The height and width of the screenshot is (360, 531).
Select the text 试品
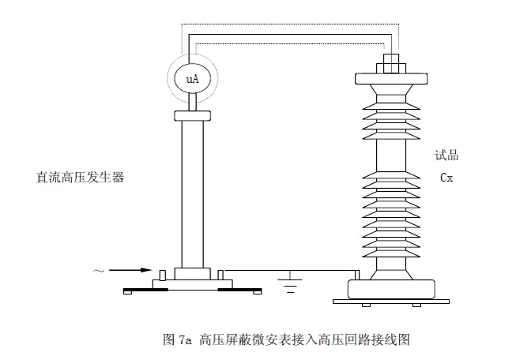[446, 156]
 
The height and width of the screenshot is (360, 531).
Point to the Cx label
[446, 178]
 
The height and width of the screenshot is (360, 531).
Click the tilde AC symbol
[99, 272]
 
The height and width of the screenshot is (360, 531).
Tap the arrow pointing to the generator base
[130, 271]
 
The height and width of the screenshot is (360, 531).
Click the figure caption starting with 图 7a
[286, 340]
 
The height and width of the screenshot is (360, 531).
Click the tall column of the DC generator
[193, 193]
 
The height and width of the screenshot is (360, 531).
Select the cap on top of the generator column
[193, 115]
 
